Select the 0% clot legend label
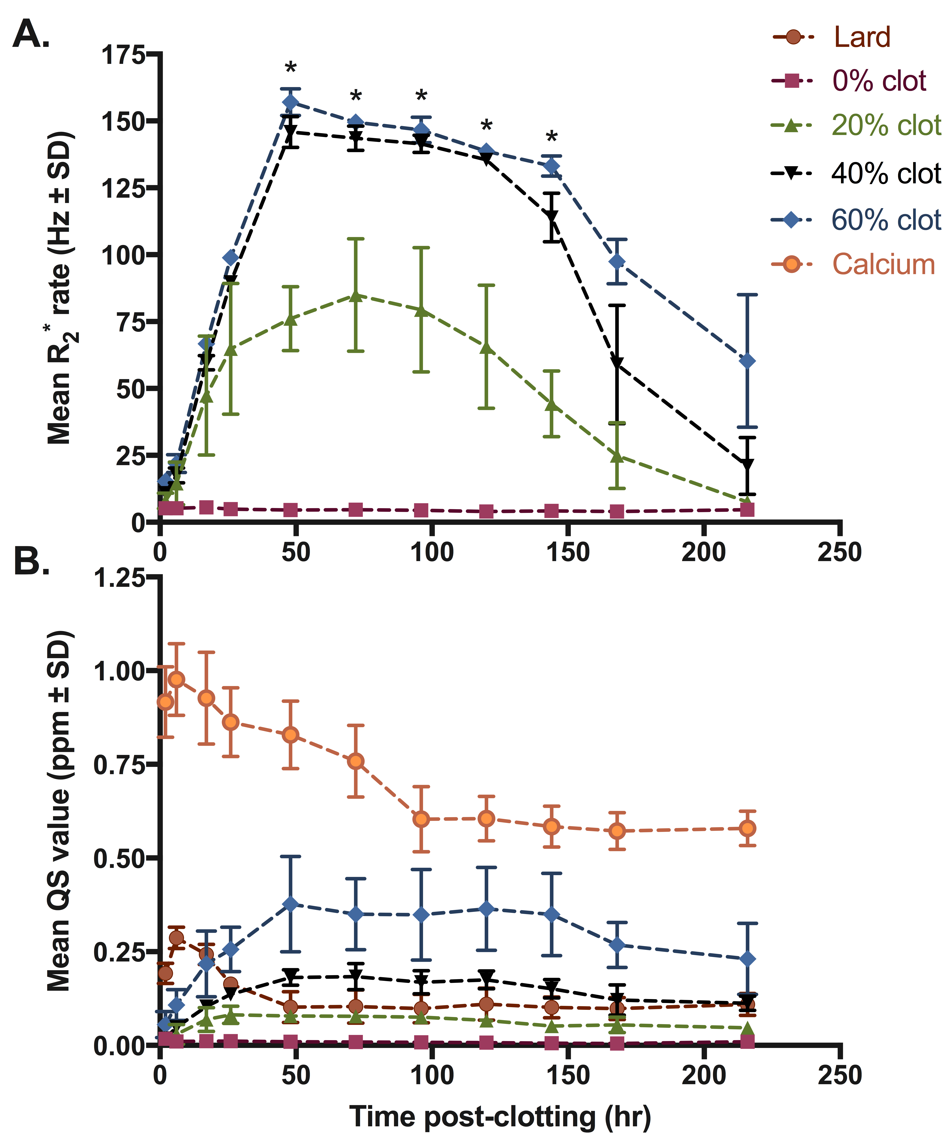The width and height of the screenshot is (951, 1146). [878, 81]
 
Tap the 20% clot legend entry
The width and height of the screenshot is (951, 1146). [886, 126]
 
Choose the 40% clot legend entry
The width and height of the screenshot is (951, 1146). [886, 174]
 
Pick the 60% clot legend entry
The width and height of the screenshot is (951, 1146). [886, 220]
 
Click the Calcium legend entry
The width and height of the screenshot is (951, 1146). [883, 265]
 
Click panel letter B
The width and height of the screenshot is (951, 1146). [31, 561]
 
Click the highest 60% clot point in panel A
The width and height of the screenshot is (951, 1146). [291, 102]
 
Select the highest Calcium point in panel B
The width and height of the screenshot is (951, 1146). [176, 679]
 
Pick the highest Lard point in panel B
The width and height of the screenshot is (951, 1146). [176, 938]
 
